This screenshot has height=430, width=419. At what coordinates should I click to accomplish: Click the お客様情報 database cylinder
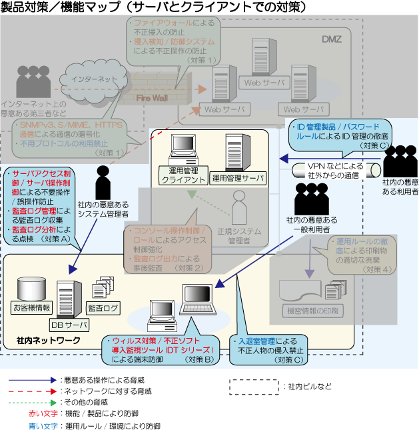31,287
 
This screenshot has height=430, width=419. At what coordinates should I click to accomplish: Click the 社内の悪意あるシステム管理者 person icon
103,181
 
